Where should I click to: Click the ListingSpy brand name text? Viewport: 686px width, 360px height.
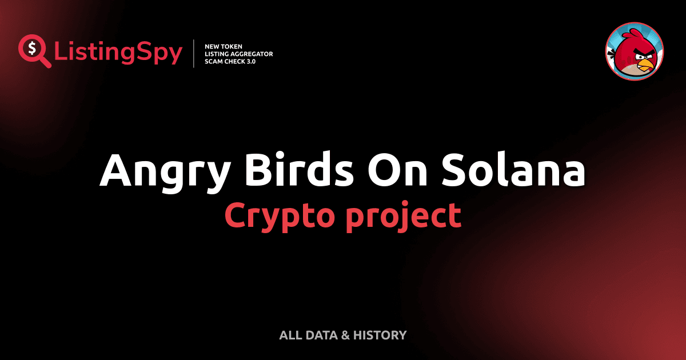pyautogui.click(x=118, y=53)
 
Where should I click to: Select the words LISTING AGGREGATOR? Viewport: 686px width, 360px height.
pyautogui.click(x=238, y=53)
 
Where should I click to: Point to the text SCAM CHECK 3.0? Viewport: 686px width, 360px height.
pyautogui.click(x=230, y=61)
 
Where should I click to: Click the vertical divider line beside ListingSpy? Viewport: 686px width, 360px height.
pyautogui.click(x=194, y=53)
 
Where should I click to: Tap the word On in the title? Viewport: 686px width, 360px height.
pyautogui.click(x=393, y=170)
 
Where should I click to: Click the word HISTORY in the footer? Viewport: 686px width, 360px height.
pyautogui.click(x=379, y=335)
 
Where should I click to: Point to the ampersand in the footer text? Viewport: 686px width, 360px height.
pyautogui.click(x=345, y=335)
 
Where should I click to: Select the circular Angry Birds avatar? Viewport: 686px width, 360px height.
pyautogui.click(x=635, y=51)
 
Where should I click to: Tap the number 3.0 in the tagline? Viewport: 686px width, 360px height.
pyautogui.click(x=250, y=61)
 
